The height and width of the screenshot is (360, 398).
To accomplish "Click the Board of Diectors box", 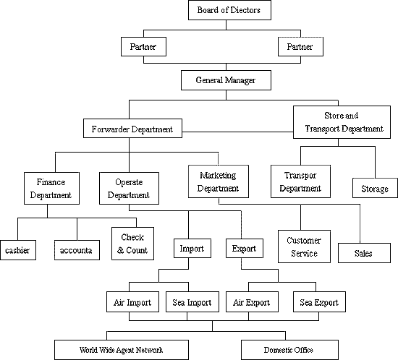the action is tap(229, 10).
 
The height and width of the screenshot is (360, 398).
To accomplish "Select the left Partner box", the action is tap(143, 47).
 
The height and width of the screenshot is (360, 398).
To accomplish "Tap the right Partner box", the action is tap(300, 47).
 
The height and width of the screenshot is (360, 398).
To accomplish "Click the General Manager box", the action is tap(226, 80).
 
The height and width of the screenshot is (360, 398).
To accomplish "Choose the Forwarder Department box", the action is tap(132, 128).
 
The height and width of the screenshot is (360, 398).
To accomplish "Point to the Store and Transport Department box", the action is tap(342, 122).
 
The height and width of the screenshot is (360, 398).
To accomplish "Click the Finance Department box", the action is tap(51, 189).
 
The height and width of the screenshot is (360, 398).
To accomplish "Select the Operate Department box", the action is tap(129, 189).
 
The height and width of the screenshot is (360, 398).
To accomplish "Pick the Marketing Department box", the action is tap(219, 181).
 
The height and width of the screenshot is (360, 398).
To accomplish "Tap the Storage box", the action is tap(375, 188).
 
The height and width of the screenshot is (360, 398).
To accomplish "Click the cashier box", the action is tap(18, 250).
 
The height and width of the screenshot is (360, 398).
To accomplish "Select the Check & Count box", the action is tap(132, 244).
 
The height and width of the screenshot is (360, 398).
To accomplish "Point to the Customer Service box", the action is tap(304, 247).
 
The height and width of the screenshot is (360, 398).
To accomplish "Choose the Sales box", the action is tap(364, 253).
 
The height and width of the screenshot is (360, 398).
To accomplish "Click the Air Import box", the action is tap(132, 302).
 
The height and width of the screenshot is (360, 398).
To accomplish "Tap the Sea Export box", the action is tap(319, 302).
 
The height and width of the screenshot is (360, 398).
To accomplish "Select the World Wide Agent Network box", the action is tap(122, 350).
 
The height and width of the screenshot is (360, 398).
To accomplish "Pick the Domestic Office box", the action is tap(289, 350).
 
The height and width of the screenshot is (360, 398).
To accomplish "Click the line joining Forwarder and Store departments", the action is tap(237, 132).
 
